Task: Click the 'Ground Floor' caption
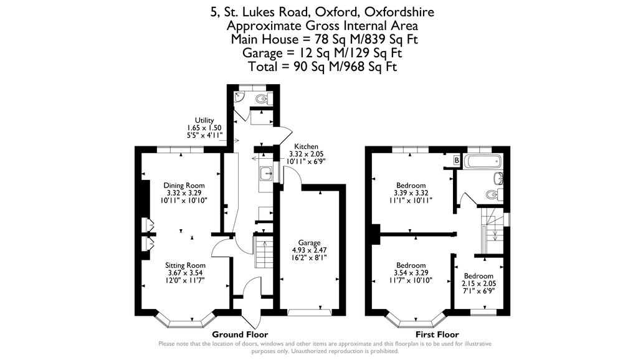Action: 241,334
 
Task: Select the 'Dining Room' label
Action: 184,185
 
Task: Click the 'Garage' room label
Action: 309,243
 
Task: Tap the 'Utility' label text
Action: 204,120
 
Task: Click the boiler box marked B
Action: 457,161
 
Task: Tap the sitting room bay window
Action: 186,321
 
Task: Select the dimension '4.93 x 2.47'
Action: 309,250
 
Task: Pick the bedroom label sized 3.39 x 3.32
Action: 411,186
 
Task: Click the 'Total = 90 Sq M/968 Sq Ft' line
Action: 322,67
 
